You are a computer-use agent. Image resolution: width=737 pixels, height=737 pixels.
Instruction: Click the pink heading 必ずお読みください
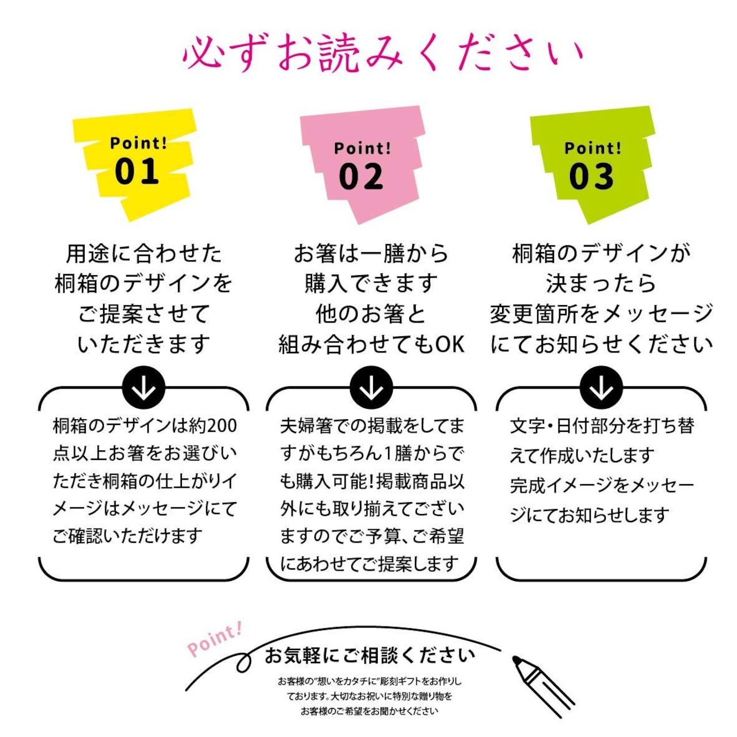tap(383, 54)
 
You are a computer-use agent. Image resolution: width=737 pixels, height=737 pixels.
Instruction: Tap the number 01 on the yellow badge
tap(136, 172)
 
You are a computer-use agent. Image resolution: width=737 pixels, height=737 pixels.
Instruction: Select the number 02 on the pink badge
tap(361, 176)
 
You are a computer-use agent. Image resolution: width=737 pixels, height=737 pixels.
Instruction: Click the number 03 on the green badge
tap(591, 176)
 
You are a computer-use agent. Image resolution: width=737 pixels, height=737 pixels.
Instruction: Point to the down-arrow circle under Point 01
tap(143, 389)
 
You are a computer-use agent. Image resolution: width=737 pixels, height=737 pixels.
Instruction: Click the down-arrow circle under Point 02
tap(371, 389)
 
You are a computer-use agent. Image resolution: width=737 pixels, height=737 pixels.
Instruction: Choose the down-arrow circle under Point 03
tap(601, 389)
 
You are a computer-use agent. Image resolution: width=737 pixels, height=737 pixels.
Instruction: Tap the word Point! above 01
tap(138, 143)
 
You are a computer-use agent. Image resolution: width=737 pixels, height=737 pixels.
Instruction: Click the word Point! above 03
tap(592, 148)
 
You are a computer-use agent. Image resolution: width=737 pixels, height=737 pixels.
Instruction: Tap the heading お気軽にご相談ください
tap(370, 655)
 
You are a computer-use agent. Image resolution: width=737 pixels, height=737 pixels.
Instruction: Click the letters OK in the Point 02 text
tap(450, 344)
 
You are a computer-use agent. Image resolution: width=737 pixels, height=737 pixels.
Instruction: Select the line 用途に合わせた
tap(143, 253)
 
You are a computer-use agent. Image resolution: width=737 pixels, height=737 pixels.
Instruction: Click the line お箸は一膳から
tap(371, 253)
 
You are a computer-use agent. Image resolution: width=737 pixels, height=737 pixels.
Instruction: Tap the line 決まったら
tap(601, 283)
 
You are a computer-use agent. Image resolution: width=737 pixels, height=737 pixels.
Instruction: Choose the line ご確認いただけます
tap(128, 536)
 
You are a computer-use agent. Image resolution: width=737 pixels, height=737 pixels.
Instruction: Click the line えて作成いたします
tap(582, 455)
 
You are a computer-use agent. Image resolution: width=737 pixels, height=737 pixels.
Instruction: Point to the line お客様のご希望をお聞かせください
tap(369, 711)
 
